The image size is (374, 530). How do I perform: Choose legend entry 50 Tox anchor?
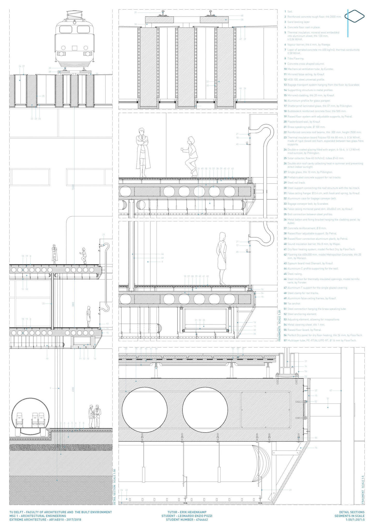pos(292,304)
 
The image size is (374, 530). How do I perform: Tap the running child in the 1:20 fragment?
pos(191,157)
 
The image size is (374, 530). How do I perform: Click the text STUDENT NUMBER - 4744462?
pos(187,520)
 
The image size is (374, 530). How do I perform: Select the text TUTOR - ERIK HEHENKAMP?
pos(187,512)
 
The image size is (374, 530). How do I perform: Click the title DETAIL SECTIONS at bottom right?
pos(351,512)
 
